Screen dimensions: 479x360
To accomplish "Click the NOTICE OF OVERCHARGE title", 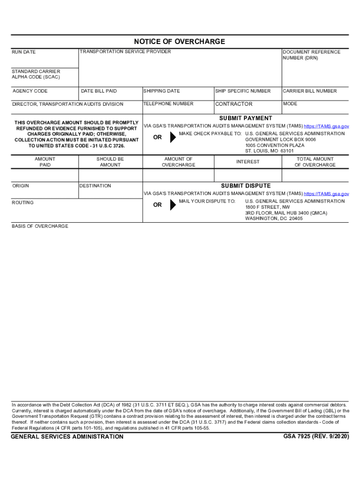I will click(180, 42).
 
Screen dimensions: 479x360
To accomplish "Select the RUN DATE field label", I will click(24, 52).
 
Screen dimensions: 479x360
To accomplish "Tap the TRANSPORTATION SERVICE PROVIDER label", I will click(125, 51).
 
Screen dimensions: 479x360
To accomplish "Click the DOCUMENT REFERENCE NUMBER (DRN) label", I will click(311, 55).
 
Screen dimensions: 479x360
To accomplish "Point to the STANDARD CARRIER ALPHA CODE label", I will click(36, 74).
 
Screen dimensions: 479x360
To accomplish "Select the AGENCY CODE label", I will click(30, 91).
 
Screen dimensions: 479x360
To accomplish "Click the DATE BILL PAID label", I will click(99, 91).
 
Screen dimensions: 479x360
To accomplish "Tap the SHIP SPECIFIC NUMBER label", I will click(243, 91).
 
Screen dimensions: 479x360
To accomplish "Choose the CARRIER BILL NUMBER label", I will click(310, 91).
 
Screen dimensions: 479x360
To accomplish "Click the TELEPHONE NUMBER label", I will click(168, 104).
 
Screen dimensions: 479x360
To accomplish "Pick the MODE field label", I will click(290, 104).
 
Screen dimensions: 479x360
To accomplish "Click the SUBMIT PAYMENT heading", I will click(245, 118).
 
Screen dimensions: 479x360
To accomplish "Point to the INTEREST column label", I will click(248, 162).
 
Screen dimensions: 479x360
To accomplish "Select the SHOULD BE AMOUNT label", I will click(110, 162).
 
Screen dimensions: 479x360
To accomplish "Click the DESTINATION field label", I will click(96, 186).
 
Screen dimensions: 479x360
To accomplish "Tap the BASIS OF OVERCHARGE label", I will click(40, 226).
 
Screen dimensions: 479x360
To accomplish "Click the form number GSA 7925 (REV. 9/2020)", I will click(316, 436).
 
